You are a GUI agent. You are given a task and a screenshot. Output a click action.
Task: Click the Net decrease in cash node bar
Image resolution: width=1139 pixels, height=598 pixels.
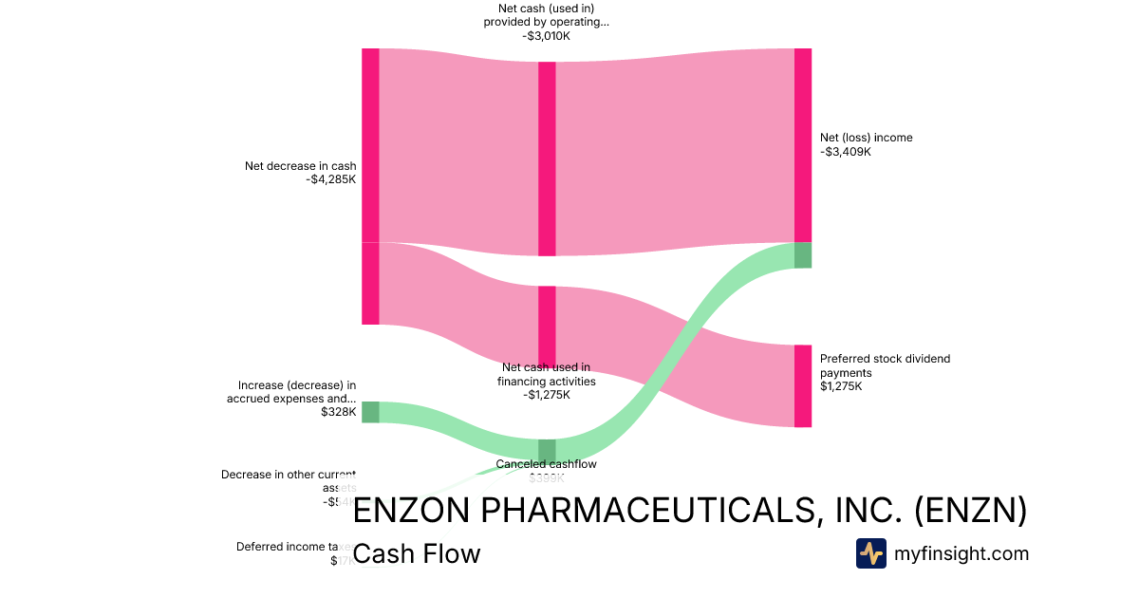(370, 186)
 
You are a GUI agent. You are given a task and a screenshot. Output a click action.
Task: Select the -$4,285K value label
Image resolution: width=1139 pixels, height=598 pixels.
(331, 180)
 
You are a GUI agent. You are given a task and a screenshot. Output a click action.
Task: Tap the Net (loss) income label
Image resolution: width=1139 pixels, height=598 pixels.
(866, 138)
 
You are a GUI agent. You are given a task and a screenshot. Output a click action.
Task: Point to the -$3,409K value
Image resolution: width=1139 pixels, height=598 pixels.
(846, 152)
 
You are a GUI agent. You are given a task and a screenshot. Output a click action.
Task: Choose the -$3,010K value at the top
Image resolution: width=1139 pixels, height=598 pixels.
(547, 36)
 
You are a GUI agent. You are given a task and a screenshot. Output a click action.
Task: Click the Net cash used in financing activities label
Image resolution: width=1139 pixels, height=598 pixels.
(547, 374)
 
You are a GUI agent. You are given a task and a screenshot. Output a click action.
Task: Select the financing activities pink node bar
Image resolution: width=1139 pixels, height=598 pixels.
(547, 323)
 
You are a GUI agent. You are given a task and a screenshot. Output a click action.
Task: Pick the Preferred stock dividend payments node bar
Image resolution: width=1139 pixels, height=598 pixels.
(803, 385)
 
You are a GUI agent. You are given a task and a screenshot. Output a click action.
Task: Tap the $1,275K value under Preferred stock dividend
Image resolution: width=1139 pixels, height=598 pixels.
(841, 387)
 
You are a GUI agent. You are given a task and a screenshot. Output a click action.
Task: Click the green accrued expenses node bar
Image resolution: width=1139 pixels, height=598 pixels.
(370, 412)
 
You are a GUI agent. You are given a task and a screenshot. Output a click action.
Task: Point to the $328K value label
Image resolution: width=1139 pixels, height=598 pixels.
(338, 413)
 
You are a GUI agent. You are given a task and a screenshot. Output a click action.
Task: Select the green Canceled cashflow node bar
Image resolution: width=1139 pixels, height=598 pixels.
(547, 449)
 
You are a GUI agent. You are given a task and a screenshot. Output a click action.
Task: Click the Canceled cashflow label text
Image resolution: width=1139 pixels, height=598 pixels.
(547, 464)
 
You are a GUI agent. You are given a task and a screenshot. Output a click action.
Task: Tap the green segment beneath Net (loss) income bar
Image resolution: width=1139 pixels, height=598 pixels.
(803, 255)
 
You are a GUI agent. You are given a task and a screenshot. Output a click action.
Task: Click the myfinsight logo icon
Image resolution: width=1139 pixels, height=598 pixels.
(871, 553)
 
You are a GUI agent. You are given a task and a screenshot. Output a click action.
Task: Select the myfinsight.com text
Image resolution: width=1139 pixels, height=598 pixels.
(962, 553)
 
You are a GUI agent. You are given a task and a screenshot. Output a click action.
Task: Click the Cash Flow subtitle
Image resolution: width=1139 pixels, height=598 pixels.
(417, 553)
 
